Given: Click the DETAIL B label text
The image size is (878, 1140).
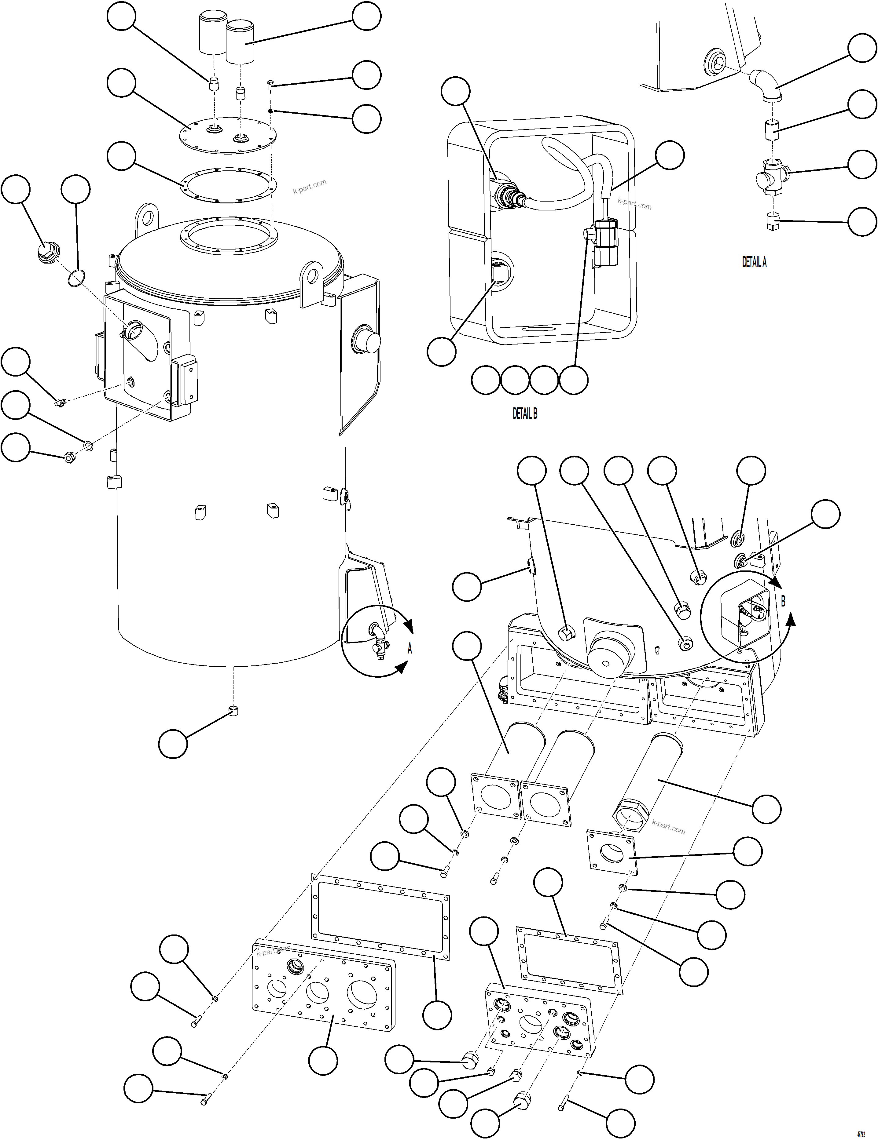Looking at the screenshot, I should point(524,413).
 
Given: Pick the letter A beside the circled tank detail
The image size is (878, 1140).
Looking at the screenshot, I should point(410,649).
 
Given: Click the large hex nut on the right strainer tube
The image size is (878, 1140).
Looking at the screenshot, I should point(629,814).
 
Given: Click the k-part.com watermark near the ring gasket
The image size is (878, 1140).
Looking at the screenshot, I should point(309,186).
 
